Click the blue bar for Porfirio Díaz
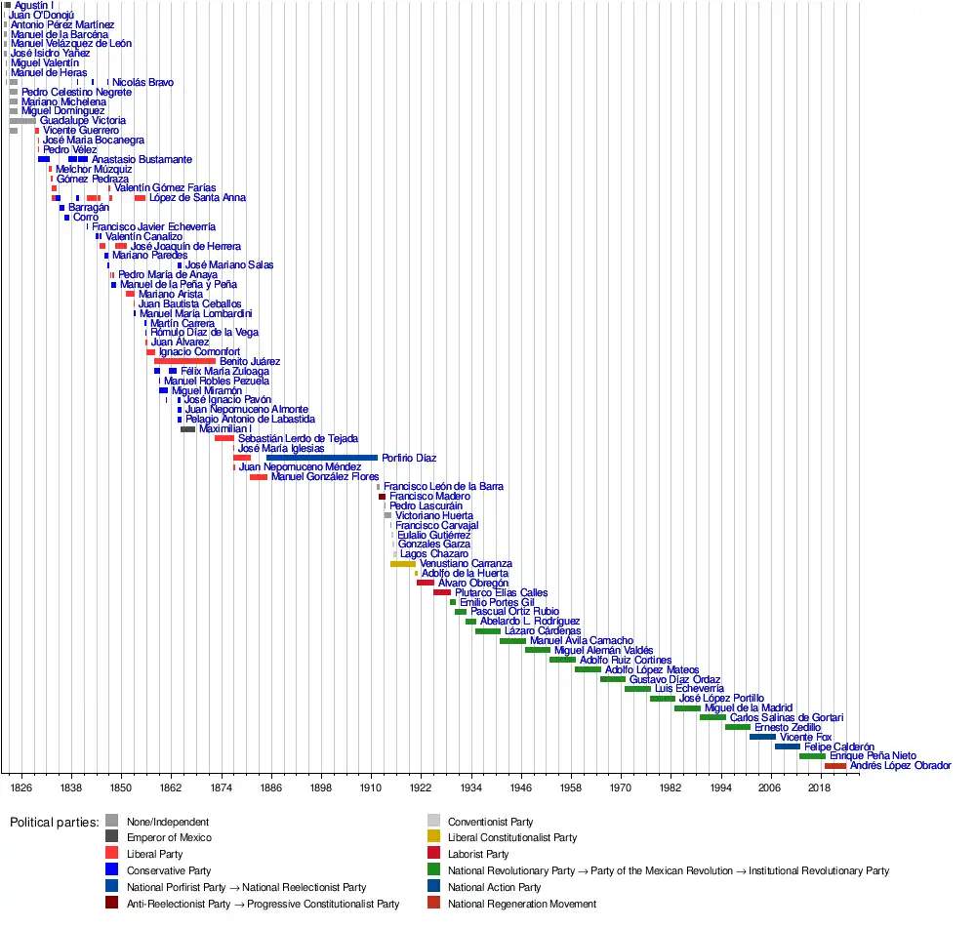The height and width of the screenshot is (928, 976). coord(321,458)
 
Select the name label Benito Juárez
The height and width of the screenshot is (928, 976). coord(250,361)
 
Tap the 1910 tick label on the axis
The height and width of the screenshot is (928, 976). coord(371,786)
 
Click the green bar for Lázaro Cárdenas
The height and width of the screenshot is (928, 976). coord(487,631)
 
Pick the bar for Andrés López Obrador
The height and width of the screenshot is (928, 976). coord(834,766)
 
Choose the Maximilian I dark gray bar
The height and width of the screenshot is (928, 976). coord(187,429)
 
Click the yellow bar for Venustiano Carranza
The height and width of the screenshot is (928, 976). coord(403,564)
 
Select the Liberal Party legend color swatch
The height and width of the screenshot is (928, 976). coord(112,854)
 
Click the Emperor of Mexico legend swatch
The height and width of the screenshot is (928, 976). coord(112,837)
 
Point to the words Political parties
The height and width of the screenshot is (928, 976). coord(55,822)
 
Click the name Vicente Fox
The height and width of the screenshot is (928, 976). coord(806,737)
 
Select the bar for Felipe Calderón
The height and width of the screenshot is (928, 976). coord(787,746)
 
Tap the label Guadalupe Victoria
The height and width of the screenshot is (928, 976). coord(83,121)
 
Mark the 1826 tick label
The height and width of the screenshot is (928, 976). coord(20,786)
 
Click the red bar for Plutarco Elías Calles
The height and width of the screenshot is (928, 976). coord(442,592)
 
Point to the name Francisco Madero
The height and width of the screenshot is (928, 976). coord(429,497)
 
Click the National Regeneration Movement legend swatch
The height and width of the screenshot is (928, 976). coord(434,904)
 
